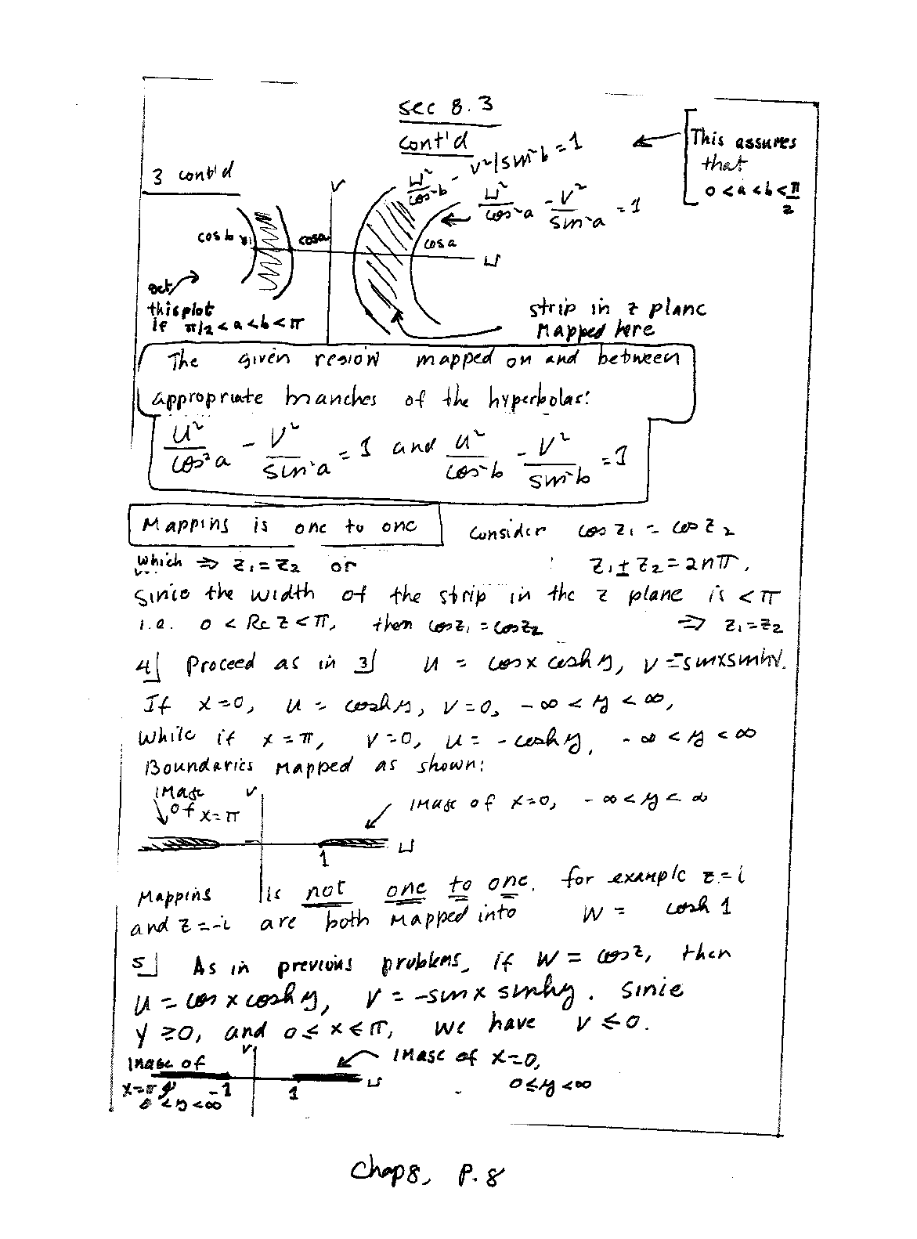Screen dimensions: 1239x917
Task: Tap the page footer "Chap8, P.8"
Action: tap(427, 1172)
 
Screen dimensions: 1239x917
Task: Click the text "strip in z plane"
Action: tap(617, 309)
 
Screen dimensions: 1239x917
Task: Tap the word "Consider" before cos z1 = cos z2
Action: tap(507, 533)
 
